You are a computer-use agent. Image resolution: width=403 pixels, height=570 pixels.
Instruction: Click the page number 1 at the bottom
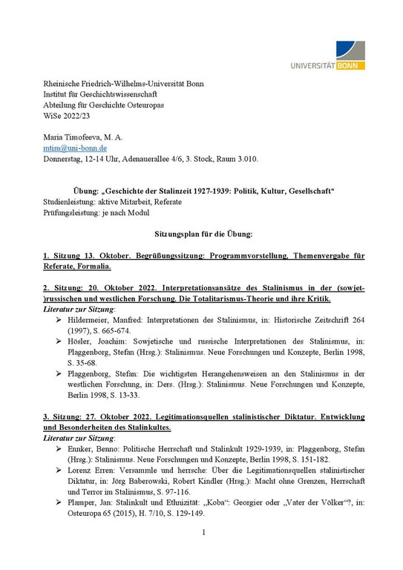tap(203, 553)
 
